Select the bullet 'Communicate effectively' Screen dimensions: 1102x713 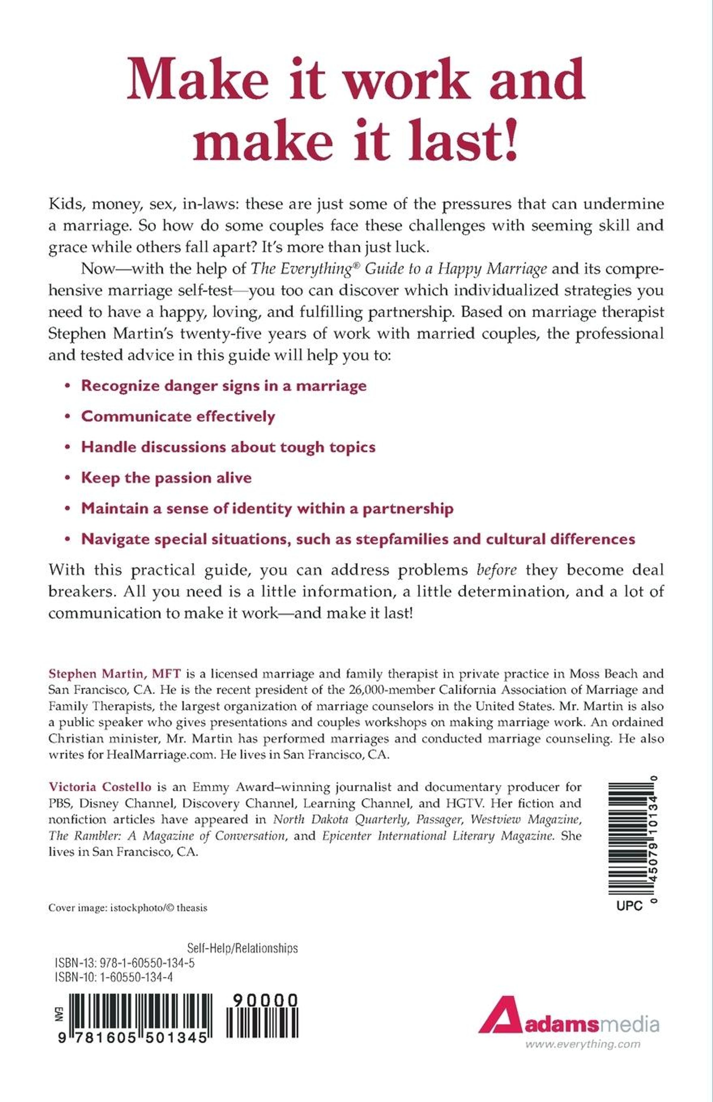[178, 416]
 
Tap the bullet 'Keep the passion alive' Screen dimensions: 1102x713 [166, 477]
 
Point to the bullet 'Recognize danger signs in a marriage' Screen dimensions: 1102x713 [224, 386]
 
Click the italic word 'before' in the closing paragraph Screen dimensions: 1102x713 [496, 570]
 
